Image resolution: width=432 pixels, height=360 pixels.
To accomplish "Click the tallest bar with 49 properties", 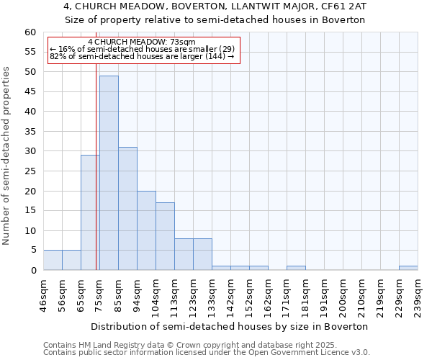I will pyautogui.click(x=109, y=173).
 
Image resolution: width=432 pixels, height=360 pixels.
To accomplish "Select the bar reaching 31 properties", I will pyautogui.click(x=127, y=209).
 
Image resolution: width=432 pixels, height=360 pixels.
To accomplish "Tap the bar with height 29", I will pyautogui.click(x=89, y=212).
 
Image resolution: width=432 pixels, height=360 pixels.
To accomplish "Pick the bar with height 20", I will pyautogui.click(x=146, y=230).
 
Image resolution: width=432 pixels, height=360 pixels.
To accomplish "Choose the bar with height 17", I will pyautogui.click(x=165, y=236).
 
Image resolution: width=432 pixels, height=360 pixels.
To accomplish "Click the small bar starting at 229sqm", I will pyautogui.click(x=408, y=268).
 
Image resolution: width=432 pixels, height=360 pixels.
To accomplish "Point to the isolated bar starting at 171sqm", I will pyautogui.click(x=296, y=268).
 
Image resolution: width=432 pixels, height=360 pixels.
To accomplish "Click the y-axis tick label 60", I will pyautogui.click(x=30, y=32).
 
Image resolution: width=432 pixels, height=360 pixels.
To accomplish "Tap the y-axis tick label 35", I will pyautogui.click(x=30, y=132).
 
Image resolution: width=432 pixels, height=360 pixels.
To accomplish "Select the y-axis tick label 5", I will pyautogui.click(x=32, y=251).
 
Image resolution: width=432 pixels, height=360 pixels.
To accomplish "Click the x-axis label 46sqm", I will pyautogui.click(x=43, y=295).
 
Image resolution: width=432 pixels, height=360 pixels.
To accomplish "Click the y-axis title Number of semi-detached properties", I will pyautogui.click(x=7, y=156).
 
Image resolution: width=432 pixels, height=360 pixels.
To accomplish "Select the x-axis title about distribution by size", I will pyautogui.click(x=230, y=326).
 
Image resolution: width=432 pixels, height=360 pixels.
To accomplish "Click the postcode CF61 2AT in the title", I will pyautogui.click(x=339, y=6).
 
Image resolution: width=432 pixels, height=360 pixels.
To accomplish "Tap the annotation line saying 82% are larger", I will pyautogui.click(x=142, y=56).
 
